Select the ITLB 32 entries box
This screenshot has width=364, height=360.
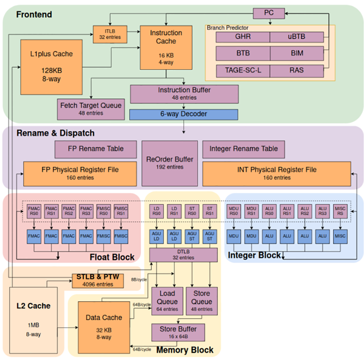(x=110, y=34)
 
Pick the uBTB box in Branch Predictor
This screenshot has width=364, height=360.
(x=296, y=37)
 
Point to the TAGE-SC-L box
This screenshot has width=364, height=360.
(x=243, y=70)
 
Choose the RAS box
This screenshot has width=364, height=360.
(x=296, y=70)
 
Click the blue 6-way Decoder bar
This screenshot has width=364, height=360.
(x=183, y=114)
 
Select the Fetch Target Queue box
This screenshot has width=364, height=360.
(x=91, y=109)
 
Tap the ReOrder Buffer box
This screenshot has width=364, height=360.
(x=170, y=162)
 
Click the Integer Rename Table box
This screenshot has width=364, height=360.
(x=243, y=148)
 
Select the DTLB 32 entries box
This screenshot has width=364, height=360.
(x=183, y=255)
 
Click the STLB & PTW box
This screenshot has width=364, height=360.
(x=98, y=280)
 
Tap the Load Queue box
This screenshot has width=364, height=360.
(x=167, y=301)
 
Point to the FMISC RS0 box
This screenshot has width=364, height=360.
(x=104, y=211)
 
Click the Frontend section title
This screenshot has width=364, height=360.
(x=34, y=15)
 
